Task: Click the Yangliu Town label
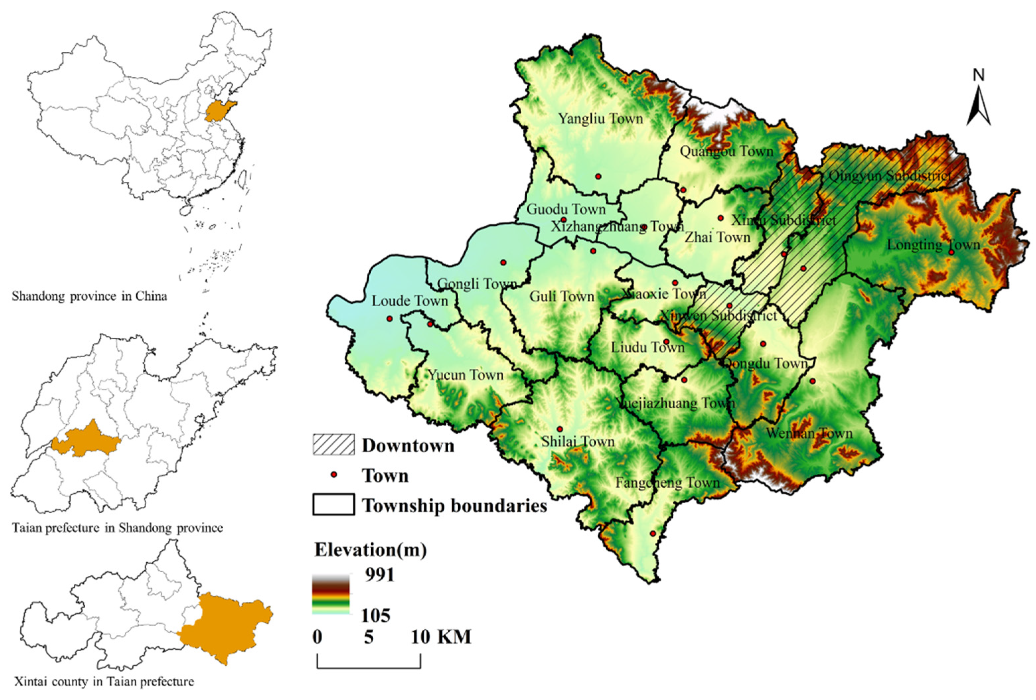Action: (x=601, y=119)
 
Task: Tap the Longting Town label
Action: (x=933, y=245)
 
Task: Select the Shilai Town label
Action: (x=578, y=442)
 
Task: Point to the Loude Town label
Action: (x=410, y=301)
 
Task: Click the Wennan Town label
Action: (x=809, y=433)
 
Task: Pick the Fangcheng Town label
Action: (x=667, y=483)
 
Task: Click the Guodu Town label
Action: (x=566, y=209)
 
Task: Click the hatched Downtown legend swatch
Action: (x=333, y=445)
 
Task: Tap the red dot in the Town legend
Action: (x=333, y=475)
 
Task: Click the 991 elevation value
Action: (x=379, y=575)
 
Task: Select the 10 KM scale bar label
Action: (x=440, y=637)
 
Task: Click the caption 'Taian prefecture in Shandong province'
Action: (x=117, y=528)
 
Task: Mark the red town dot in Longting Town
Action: (x=951, y=252)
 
